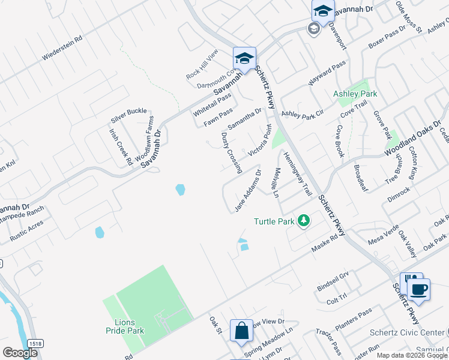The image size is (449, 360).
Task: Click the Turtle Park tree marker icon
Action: coord(304,221)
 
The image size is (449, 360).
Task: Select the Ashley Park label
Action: coord(355,94)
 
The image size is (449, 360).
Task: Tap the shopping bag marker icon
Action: coord(241,331)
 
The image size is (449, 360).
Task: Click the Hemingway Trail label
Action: coord(298,173)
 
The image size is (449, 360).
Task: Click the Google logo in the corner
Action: coord(20,353)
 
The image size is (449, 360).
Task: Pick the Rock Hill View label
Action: coord(204,64)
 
